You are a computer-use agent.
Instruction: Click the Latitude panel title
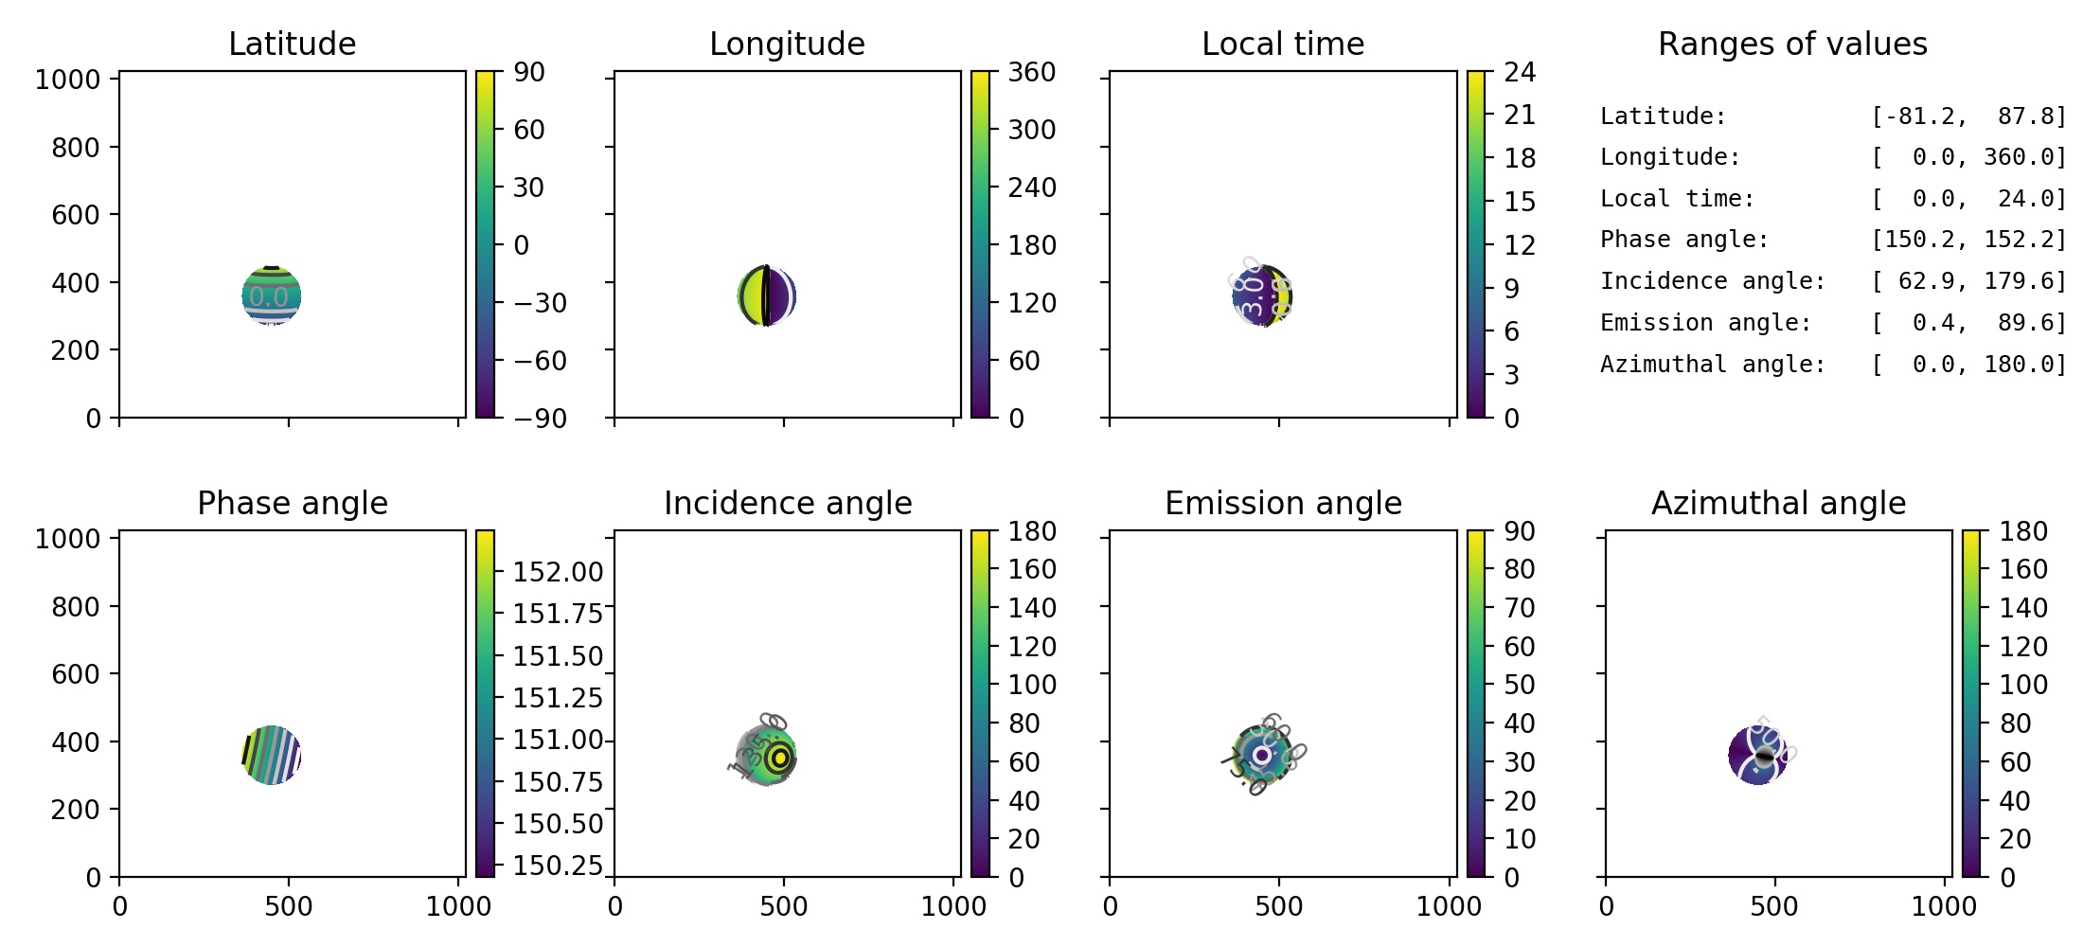[292, 44]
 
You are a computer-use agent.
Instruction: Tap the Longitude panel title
[787, 44]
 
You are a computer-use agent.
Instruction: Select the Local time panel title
[1283, 44]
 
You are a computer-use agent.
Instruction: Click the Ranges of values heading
[1792, 44]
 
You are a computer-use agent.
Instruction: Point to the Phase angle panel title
[292, 503]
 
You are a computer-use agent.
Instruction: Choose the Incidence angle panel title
[788, 503]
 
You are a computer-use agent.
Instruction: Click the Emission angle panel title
[1283, 503]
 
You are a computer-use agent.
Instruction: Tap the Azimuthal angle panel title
[1778, 503]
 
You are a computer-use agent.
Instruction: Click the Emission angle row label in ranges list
[1705, 323]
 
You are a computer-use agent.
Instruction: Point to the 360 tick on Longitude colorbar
[1031, 72]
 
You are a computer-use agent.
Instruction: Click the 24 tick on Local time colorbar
[1520, 72]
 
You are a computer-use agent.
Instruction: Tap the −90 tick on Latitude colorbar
[540, 419]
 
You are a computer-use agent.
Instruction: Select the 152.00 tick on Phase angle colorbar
[558, 572]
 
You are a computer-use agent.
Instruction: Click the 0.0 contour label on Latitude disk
[269, 297]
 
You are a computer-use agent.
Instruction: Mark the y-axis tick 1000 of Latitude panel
[67, 80]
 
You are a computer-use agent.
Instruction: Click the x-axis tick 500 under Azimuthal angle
[1773, 906]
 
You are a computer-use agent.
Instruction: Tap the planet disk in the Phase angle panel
[272, 755]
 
